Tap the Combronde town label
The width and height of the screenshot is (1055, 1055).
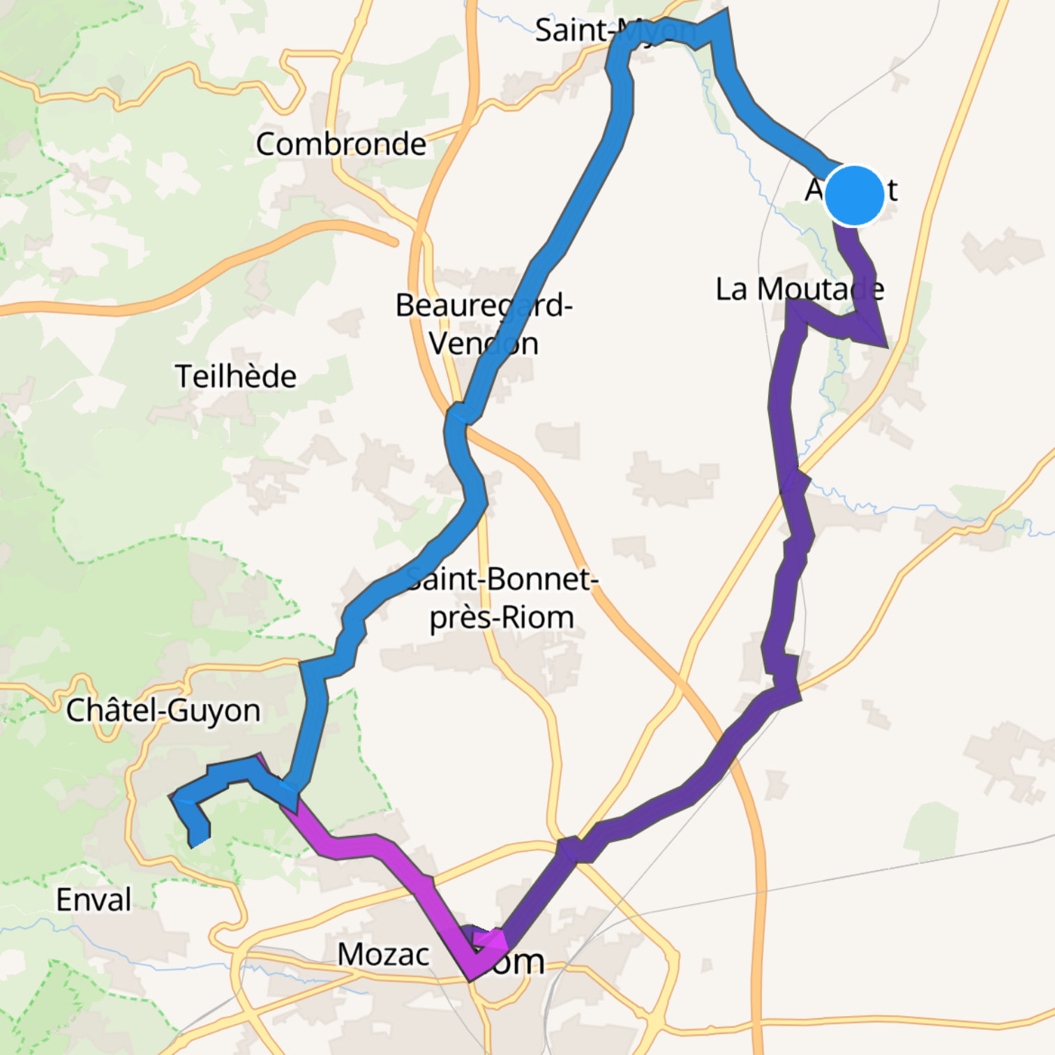[x=341, y=144]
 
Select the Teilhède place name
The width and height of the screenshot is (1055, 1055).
[x=235, y=377]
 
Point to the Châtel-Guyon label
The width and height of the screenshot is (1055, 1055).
[x=163, y=711]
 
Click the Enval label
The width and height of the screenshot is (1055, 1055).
[x=93, y=900]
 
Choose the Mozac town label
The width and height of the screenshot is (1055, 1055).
[x=383, y=955]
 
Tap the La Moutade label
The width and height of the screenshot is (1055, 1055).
[x=800, y=290]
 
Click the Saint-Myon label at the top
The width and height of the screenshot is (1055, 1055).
[x=614, y=31]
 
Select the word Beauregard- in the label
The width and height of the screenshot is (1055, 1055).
[x=484, y=306]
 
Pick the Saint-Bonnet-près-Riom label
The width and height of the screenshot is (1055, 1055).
[x=502, y=598]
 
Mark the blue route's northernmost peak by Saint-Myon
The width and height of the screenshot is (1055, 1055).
[x=724, y=13]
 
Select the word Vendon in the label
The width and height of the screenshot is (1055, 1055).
[x=484, y=343]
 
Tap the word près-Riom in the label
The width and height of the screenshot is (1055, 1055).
[x=502, y=618]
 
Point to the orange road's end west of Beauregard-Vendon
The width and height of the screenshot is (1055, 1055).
[x=395, y=242]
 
